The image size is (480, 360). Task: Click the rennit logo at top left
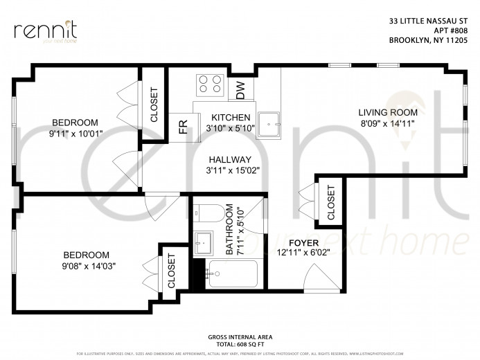click(45, 31)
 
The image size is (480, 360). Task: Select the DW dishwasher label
click(240, 88)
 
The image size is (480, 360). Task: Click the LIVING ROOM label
click(387, 112)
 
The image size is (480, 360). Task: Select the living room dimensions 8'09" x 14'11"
click(387, 124)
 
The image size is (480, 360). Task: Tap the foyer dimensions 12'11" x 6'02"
click(303, 253)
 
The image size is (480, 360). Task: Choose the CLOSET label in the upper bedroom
click(154, 105)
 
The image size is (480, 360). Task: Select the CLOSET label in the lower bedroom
click(171, 271)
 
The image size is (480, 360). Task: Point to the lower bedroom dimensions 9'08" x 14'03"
click(86, 264)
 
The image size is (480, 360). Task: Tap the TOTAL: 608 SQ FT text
click(239, 343)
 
